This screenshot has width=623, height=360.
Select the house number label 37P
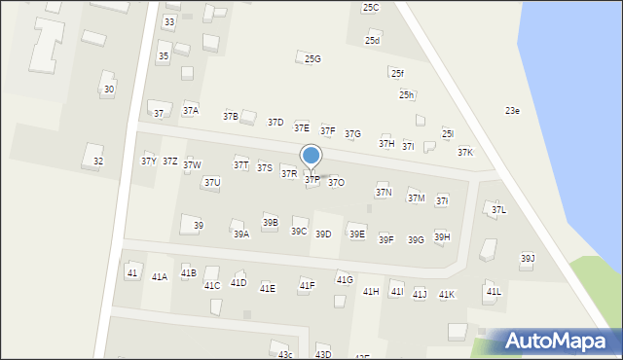[311, 180]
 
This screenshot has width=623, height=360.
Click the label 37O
[336, 182]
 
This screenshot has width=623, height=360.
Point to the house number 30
[109, 90]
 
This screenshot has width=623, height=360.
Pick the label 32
[97, 161]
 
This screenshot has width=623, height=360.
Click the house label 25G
[312, 59]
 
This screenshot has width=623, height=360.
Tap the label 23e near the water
[512, 111]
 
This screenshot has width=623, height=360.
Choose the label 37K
[465, 153]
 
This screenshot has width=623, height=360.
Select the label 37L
[498, 210]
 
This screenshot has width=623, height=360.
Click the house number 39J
[528, 259]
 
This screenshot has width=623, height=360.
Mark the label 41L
[494, 292]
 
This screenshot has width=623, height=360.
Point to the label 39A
[240, 234]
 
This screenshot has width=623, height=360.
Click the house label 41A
[160, 277]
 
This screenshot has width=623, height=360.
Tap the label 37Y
[148, 162]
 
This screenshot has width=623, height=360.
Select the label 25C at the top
[371, 8]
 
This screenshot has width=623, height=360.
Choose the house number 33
[169, 21]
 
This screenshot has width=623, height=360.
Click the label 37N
[384, 193]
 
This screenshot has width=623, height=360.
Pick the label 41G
[345, 280]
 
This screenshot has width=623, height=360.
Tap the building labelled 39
[198, 226]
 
